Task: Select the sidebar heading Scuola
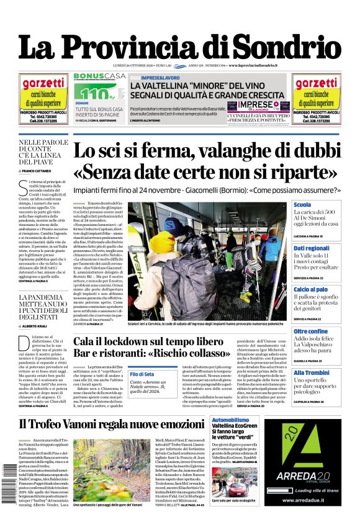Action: (x=302, y=205)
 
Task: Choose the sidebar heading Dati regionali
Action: (x=312, y=248)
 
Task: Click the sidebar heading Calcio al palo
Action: (x=310, y=290)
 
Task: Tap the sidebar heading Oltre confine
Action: (x=310, y=331)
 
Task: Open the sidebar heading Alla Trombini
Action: (x=312, y=372)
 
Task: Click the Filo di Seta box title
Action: (x=142, y=374)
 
